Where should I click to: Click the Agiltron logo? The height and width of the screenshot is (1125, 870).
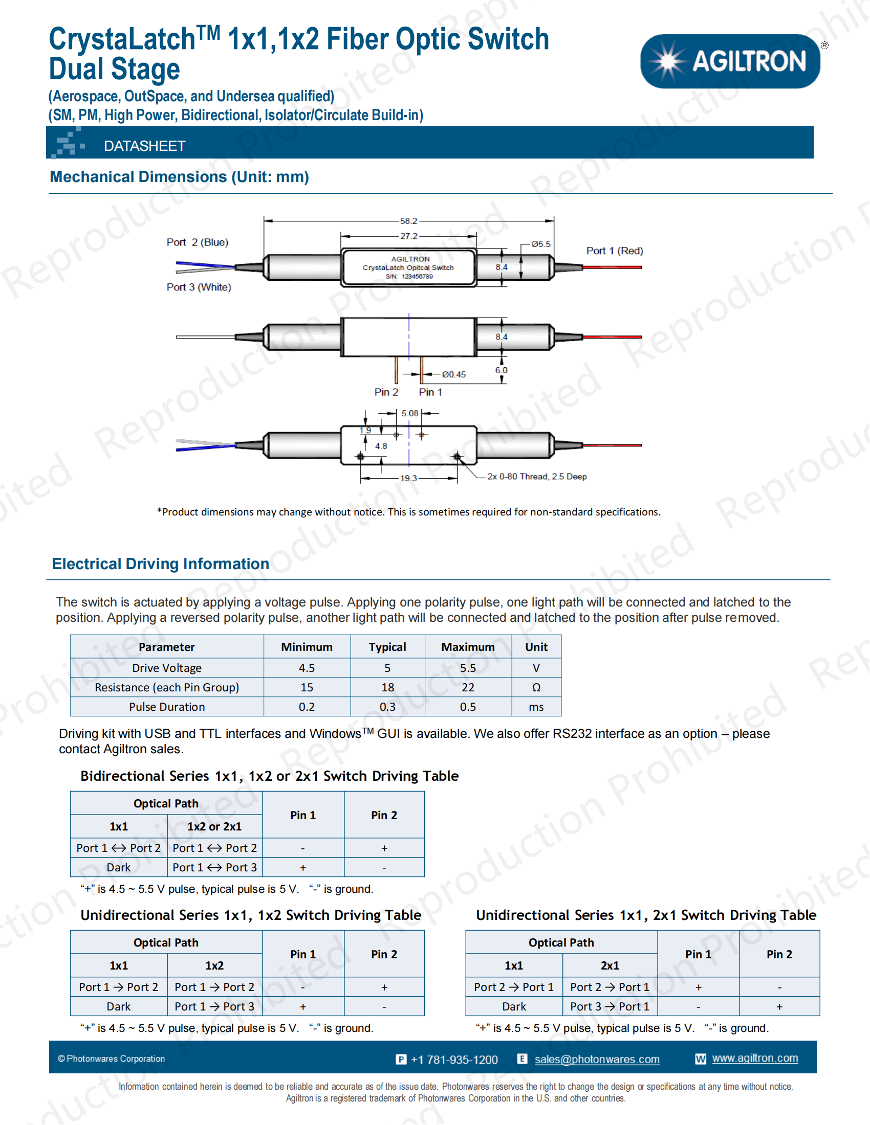pos(730,61)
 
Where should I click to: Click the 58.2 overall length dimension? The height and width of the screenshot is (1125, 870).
pos(408,221)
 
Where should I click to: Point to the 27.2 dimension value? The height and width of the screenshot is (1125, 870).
pos(408,236)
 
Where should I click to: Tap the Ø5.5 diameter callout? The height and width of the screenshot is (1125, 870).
pos(541,243)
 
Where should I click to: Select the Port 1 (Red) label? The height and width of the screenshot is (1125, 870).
pos(614,251)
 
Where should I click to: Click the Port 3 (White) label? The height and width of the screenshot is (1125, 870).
pos(199,287)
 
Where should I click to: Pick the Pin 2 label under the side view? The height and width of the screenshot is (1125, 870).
pos(386,392)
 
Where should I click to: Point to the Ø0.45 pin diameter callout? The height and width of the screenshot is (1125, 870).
pos(453,374)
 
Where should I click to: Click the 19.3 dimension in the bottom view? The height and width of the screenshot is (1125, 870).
pos(408,478)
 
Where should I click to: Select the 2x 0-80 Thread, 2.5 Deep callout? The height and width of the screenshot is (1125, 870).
pos(536,477)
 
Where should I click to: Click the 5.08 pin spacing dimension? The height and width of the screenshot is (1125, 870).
pos(410,413)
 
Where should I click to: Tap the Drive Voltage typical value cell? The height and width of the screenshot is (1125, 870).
pos(387,668)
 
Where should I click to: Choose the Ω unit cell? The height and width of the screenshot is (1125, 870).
pos(536,688)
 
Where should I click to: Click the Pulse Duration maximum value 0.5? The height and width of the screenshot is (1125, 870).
pos(467,707)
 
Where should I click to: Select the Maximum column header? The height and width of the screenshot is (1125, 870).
pos(467,647)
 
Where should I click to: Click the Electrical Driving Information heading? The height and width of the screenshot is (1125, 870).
pos(160,564)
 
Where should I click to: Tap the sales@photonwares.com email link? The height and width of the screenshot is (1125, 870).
pos(597,1059)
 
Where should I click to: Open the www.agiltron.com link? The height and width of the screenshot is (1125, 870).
pos(754,1058)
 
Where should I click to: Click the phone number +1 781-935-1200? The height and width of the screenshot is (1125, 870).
pos(454,1060)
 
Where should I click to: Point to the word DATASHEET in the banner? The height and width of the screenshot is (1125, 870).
pos(144,146)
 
